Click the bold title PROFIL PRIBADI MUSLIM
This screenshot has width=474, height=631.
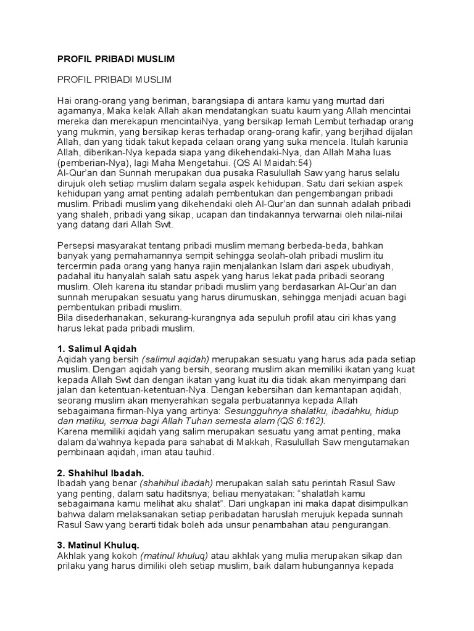[116, 59]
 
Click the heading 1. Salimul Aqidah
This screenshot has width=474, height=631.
[93, 349]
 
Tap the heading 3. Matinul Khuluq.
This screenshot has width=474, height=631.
[98, 545]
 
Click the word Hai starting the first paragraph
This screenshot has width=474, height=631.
[64, 100]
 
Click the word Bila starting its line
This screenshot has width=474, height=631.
[65, 317]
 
